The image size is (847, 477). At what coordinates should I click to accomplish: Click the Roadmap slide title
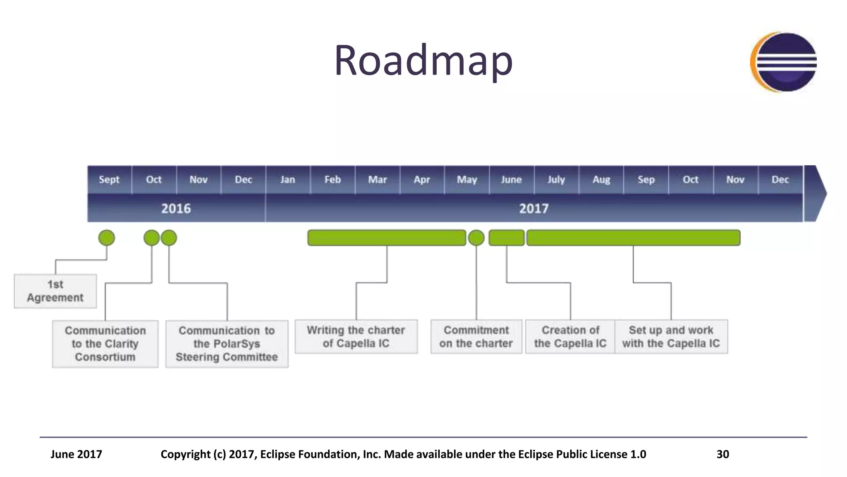pyautogui.click(x=423, y=61)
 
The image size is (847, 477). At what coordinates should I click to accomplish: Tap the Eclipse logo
pyautogui.click(x=784, y=62)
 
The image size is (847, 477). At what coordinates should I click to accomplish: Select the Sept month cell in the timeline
pyautogui.click(x=109, y=180)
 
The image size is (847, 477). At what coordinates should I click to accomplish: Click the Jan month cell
pyautogui.click(x=287, y=180)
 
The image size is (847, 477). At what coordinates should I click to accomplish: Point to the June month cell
pyautogui.click(x=511, y=180)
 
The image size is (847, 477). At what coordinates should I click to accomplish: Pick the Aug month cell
pyautogui.click(x=601, y=180)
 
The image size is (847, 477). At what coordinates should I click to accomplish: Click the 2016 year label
pyautogui.click(x=176, y=208)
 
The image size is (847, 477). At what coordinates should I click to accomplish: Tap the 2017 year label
pyautogui.click(x=534, y=208)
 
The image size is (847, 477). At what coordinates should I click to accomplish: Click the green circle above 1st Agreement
pyautogui.click(x=107, y=238)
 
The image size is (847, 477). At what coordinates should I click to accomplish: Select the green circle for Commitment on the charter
pyautogui.click(x=476, y=238)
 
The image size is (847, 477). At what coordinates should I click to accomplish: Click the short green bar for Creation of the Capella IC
pyautogui.click(x=507, y=238)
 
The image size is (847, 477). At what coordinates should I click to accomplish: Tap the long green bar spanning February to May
pyautogui.click(x=387, y=238)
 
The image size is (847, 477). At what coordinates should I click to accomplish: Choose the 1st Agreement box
pyautogui.click(x=55, y=291)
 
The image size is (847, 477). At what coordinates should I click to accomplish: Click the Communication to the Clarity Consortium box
pyautogui.click(x=105, y=344)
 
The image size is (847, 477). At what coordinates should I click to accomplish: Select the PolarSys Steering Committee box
pyautogui.click(x=227, y=344)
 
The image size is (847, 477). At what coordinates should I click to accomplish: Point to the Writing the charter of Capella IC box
pyautogui.click(x=356, y=337)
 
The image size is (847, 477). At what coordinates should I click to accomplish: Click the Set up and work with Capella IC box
pyautogui.click(x=671, y=337)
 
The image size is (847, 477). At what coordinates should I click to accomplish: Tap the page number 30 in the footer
pyautogui.click(x=723, y=454)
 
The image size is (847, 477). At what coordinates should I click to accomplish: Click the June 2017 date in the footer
pyautogui.click(x=76, y=454)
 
